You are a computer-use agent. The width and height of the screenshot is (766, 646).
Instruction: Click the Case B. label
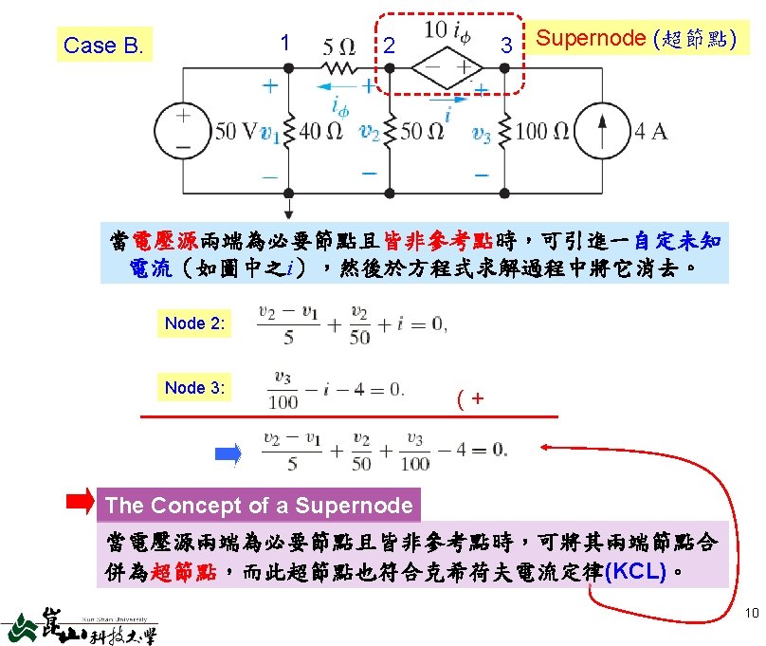(104, 45)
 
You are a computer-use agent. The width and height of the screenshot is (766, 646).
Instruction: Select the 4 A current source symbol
(607, 129)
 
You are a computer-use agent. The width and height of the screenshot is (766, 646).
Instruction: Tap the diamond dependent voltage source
(447, 67)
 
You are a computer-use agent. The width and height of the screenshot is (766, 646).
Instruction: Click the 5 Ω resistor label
(339, 46)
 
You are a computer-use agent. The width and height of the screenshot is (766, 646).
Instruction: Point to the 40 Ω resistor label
(319, 131)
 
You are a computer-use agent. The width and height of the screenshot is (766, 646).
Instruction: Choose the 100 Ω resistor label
(545, 131)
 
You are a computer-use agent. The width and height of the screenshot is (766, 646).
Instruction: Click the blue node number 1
(284, 43)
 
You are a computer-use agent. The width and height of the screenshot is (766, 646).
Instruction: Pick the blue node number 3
(506, 45)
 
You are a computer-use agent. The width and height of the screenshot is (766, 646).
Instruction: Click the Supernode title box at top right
(633, 39)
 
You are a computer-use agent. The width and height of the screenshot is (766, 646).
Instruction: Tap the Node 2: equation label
(194, 323)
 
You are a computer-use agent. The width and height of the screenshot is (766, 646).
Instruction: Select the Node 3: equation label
(194, 387)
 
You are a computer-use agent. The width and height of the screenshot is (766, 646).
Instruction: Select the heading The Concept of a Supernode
(259, 506)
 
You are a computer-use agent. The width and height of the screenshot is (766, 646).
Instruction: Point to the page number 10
(752, 614)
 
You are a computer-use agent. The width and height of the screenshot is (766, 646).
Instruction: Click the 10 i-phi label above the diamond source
(447, 30)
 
